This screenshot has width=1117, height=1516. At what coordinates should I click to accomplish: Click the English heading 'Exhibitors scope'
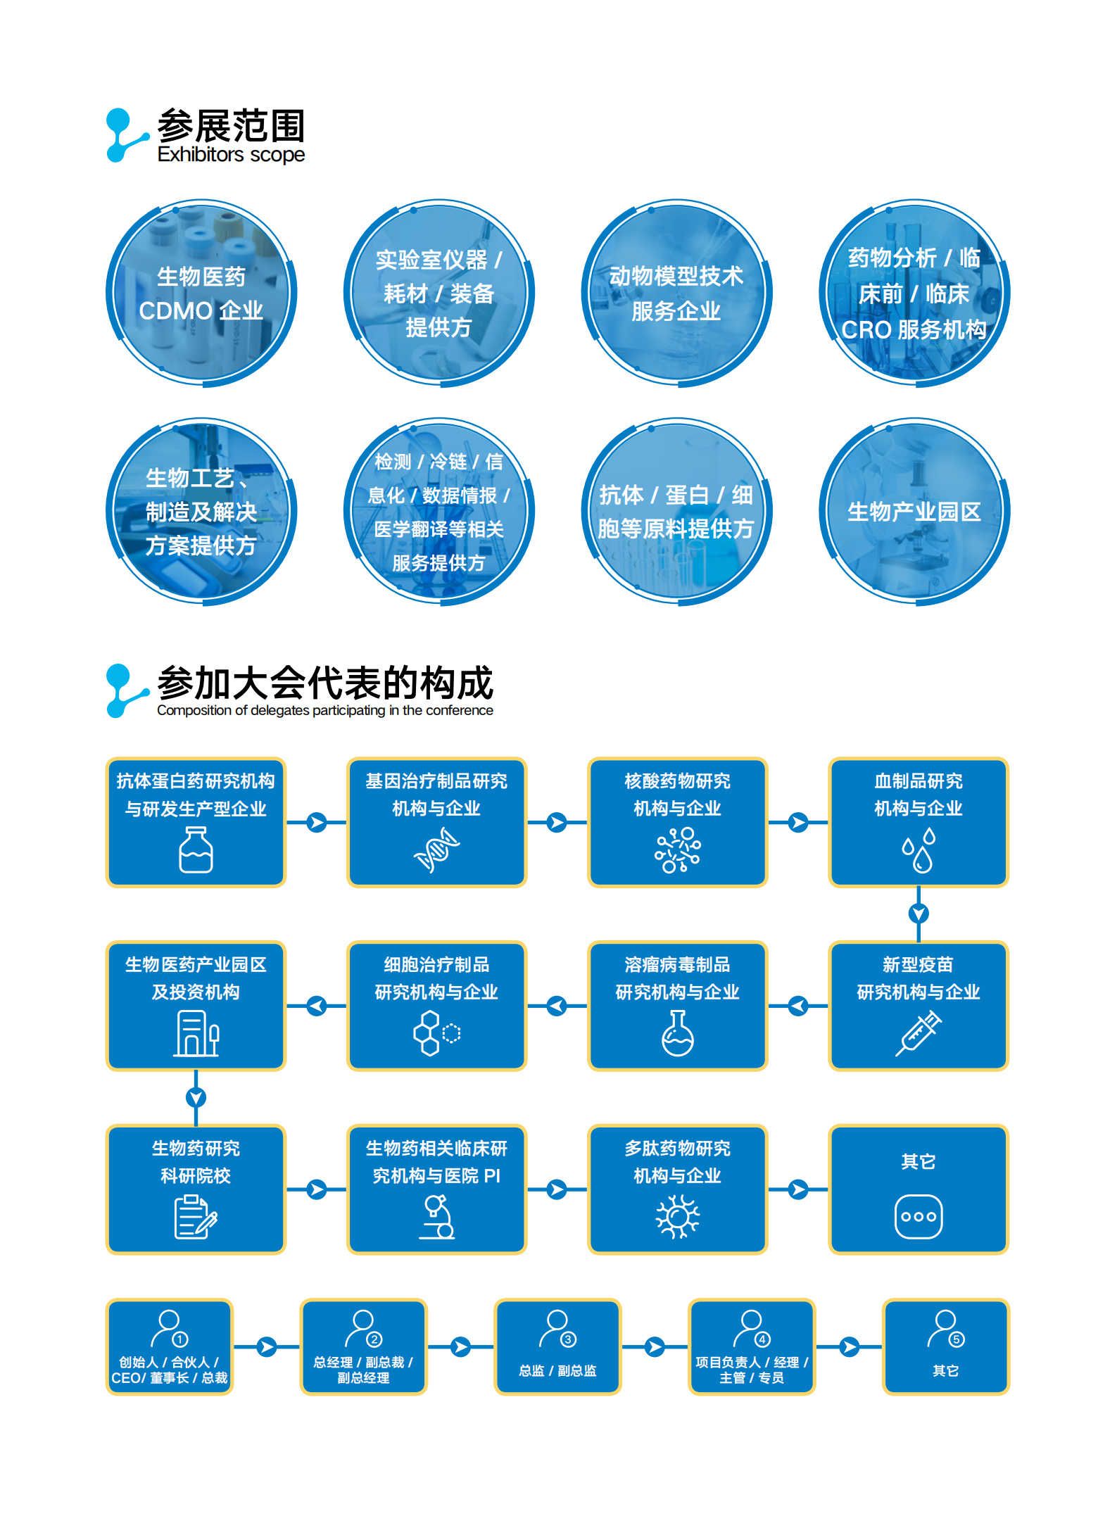231,154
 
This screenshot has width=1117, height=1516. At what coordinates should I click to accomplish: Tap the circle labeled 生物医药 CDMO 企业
201,293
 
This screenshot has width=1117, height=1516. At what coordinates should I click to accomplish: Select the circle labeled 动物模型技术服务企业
676,293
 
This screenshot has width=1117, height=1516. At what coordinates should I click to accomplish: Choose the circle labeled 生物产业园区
914,512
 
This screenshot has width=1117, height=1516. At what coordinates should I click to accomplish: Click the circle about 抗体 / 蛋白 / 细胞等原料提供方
676,512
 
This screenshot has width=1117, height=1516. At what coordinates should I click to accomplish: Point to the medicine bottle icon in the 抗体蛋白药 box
196,849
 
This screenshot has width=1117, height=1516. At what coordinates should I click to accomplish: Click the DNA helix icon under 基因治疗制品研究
436,850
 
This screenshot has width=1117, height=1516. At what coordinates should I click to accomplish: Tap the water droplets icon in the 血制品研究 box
919,850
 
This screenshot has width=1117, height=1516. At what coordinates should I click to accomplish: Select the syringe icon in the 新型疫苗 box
919,1033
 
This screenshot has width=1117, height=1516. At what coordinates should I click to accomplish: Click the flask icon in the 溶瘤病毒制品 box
677,1033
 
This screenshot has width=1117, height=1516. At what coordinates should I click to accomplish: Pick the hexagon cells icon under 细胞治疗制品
436,1033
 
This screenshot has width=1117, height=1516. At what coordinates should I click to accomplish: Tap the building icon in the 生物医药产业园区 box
196,1033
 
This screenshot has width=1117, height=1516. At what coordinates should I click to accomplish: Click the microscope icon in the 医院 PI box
437,1217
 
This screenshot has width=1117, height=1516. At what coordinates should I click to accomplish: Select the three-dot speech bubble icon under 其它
919,1216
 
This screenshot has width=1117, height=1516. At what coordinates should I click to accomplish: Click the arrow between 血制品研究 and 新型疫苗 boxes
919,914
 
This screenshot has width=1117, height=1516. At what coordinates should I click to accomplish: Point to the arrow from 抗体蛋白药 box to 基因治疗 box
317,822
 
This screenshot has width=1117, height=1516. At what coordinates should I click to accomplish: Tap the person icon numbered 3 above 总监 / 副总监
558,1328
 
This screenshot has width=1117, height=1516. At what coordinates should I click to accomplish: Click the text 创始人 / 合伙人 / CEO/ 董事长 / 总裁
170,1370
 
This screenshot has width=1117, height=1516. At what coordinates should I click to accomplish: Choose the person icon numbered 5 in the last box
947,1328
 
